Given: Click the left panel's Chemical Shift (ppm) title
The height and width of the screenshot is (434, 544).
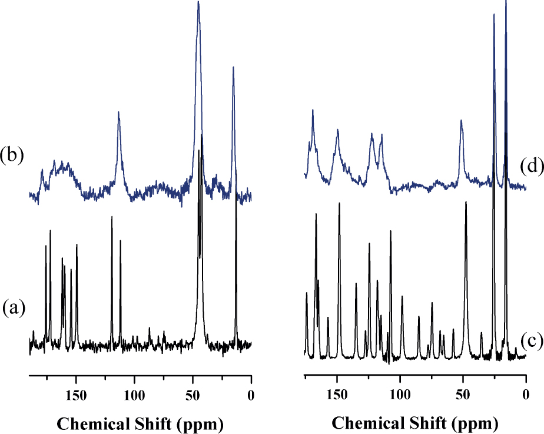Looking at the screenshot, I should [x=140, y=423].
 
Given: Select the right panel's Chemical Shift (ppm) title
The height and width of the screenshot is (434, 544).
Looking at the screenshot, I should [x=415, y=423].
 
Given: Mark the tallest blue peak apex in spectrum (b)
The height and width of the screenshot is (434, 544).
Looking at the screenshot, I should [x=198, y=2].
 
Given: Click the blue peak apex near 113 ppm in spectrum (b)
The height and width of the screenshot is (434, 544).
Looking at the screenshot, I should [x=119, y=112].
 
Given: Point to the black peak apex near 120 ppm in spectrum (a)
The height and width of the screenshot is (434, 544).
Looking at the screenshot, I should [x=111, y=217].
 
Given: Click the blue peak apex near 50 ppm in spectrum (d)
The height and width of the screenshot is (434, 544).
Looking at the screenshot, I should [x=462, y=120].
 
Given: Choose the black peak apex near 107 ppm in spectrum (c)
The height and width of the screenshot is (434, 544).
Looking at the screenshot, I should [x=390, y=231].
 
